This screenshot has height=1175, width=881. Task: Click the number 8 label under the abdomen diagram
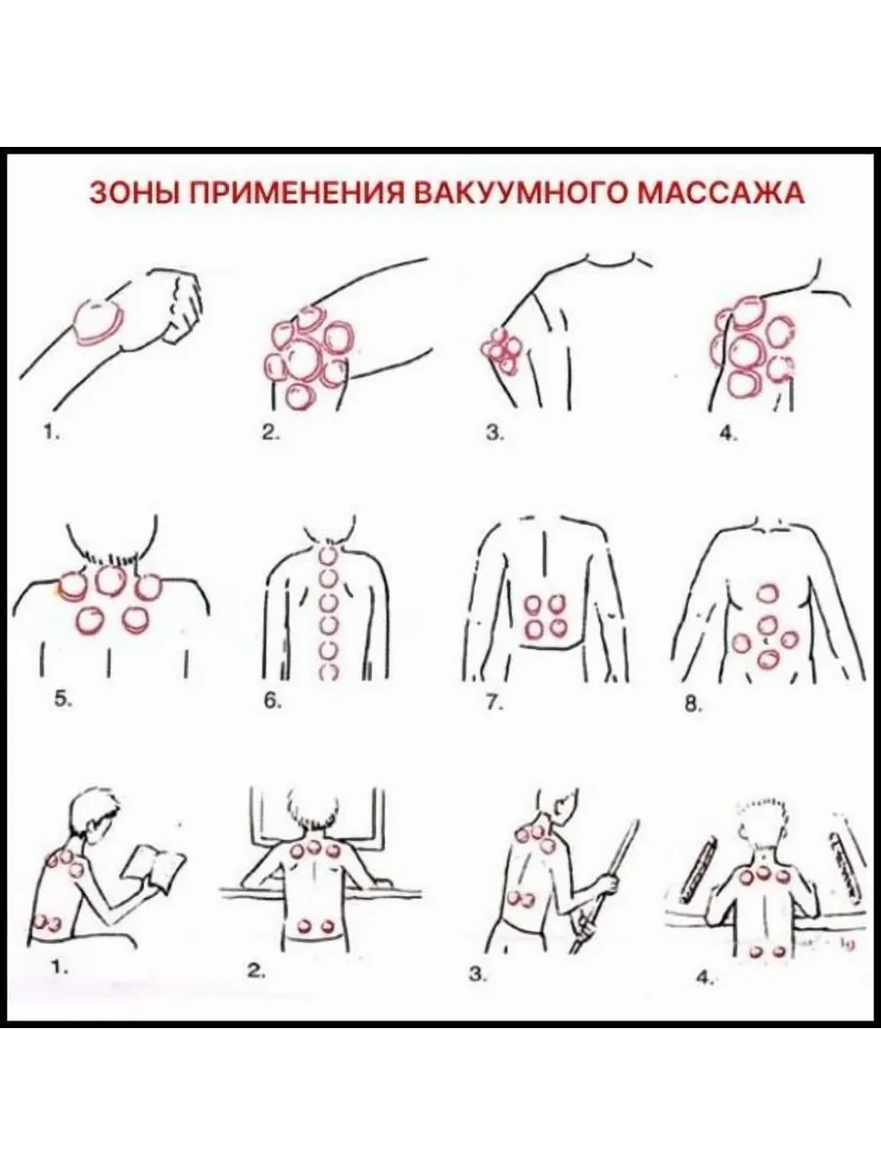pos(692,705)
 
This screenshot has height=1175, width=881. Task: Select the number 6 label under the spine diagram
pos(273,702)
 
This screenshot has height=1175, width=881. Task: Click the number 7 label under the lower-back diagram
pos(493,704)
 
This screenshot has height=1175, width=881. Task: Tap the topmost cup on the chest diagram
pos(768,593)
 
